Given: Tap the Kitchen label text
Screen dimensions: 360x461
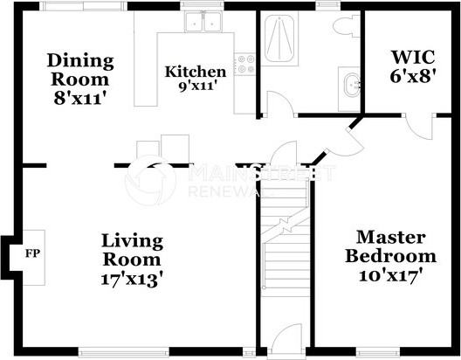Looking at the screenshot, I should [x=196, y=71].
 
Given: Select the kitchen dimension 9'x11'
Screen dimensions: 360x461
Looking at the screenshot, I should [x=196, y=86].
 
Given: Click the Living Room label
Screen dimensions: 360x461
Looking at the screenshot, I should [x=132, y=249].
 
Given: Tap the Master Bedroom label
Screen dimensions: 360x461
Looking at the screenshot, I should [x=390, y=246].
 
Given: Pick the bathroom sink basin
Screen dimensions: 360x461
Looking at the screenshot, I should [x=350, y=87].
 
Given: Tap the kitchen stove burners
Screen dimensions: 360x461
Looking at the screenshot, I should [x=247, y=64].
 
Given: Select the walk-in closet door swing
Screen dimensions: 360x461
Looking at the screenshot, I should [x=422, y=128].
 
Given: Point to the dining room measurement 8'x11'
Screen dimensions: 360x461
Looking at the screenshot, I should [x=80, y=98].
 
